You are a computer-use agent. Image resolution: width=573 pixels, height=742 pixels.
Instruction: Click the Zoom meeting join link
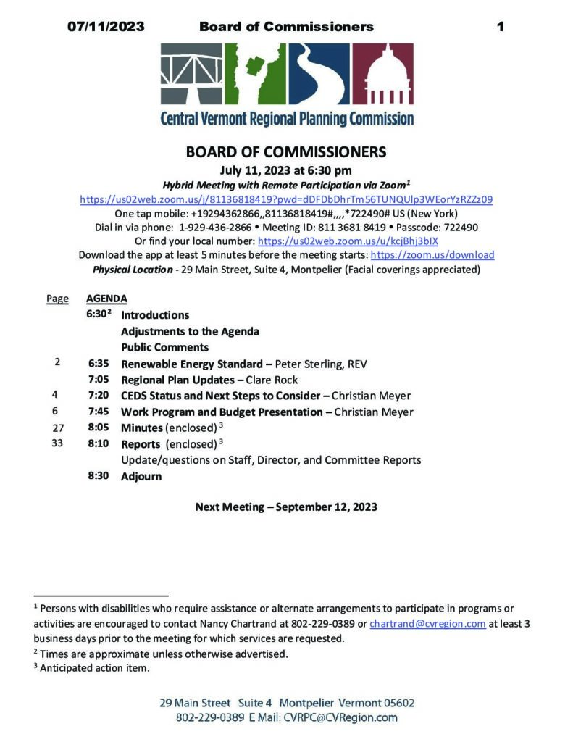click(286, 199)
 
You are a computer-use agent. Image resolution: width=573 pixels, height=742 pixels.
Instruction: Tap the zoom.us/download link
click(432, 255)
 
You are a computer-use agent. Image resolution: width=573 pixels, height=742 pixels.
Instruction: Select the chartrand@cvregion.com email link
click(427, 624)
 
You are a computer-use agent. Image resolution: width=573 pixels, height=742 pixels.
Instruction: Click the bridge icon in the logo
click(192, 75)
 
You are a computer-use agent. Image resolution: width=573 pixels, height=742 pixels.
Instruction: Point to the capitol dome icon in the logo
click(388, 75)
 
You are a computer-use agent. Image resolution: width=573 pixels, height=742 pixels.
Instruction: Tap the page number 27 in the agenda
click(59, 428)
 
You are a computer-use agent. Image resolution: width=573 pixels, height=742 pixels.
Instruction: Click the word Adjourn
click(141, 476)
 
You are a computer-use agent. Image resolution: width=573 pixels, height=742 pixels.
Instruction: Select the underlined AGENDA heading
click(106, 299)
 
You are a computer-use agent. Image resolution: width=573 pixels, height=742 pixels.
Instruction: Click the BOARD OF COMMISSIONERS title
click(286, 152)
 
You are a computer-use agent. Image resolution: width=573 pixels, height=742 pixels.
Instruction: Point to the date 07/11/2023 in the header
click(106, 27)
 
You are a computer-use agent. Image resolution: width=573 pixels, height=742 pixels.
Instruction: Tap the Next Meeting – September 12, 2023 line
click(286, 507)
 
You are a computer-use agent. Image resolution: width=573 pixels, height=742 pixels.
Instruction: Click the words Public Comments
click(155, 347)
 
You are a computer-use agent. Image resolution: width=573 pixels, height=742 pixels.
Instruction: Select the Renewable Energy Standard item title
click(192, 364)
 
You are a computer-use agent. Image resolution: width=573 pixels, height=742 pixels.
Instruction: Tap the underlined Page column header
click(57, 299)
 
